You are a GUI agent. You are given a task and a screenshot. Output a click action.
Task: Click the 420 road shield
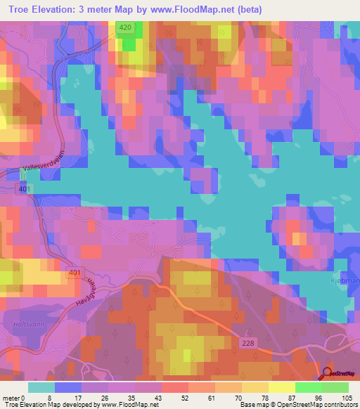(125, 27)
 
